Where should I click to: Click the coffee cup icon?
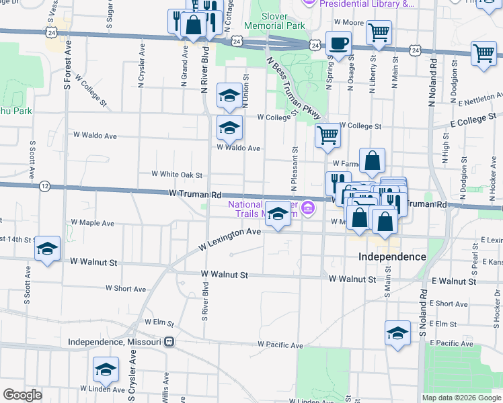click(338, 44)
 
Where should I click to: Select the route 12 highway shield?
click(44, 186)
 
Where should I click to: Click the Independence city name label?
click(392, 257)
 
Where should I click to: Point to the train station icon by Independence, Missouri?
click(169, 341)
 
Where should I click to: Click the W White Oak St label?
click(177, 175)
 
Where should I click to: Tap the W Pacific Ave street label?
click(280, 345)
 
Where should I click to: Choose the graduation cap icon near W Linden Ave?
click(106, 370)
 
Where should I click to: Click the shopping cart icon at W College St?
click(327, 136)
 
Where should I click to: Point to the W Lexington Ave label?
click(229, 240)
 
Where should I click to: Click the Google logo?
click(22, 395)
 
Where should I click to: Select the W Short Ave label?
click(125, 289)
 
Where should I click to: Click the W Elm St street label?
click(159, 323)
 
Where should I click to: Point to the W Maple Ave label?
click(92, 222)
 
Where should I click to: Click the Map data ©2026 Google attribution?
click(461, 398)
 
